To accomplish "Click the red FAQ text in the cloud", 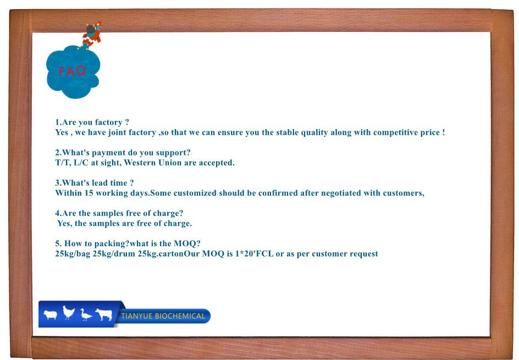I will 73,71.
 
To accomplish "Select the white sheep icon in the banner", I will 51,315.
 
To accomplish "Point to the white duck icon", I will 86,315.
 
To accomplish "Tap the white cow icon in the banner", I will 104,314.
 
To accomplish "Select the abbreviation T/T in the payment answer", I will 62,163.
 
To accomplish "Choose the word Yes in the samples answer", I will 64,223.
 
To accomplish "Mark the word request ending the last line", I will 363,253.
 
